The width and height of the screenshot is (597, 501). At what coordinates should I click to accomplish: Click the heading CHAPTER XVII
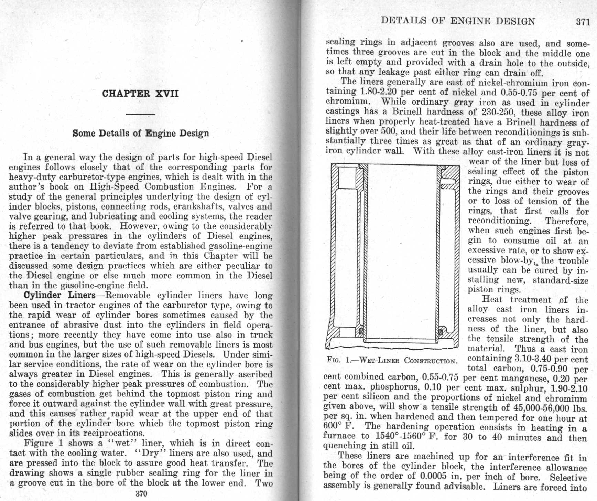(140, 94)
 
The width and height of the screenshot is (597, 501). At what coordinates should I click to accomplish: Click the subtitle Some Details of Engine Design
(141, 133)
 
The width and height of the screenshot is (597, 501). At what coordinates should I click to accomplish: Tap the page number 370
(141, 493)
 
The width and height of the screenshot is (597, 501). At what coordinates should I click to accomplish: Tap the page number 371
(583, 22)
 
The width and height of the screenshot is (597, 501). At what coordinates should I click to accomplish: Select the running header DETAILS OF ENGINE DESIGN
(458, 21)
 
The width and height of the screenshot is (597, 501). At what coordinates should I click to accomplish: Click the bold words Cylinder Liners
(59, 295)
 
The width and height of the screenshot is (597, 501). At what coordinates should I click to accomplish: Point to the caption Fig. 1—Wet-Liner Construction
(392, 361)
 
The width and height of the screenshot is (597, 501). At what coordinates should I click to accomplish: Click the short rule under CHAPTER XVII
(140, 114)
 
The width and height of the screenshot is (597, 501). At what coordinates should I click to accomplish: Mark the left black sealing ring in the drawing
(361, 331)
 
